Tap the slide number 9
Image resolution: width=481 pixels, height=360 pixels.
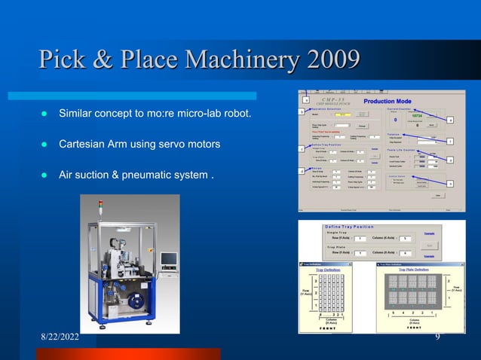(437, 337)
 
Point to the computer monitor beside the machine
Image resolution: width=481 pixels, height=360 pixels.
(168, 259)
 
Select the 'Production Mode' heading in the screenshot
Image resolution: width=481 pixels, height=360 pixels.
(388, 101)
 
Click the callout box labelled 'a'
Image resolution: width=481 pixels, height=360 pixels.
(306, 99)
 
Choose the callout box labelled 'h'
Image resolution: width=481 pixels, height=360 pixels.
(450, 183)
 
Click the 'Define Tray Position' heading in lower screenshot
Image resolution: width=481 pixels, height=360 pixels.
(348, 226)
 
